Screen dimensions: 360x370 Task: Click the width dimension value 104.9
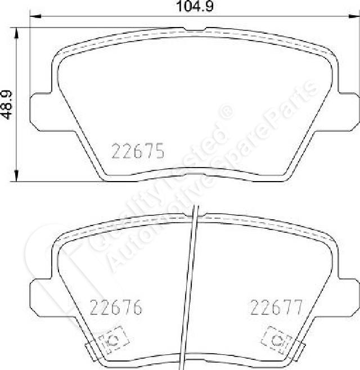[195, 6]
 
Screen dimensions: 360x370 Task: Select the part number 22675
[138, 151]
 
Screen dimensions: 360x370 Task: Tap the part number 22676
[116, 307]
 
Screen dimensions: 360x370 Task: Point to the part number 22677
[276, 307]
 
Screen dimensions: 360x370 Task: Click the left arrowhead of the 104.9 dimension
[35, 16]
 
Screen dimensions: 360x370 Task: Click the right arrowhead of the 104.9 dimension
[354, 16]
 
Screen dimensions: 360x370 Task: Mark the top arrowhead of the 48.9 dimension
[16, 33]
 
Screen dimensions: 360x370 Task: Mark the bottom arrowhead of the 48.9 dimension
[16, 176]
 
